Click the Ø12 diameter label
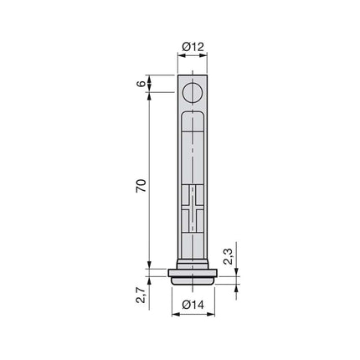(x=193, y=47)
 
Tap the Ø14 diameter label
(x=193, y=305)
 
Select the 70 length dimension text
(x=141, y=186)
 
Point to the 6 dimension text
(x=141, y=84)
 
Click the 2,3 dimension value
(x=228, y=256)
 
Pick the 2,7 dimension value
(x=141, y=296)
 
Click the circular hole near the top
(x=193, y=93)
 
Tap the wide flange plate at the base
(x=193, y=273)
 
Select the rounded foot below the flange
(x=193, y=280)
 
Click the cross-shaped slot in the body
(x=193, y=208)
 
